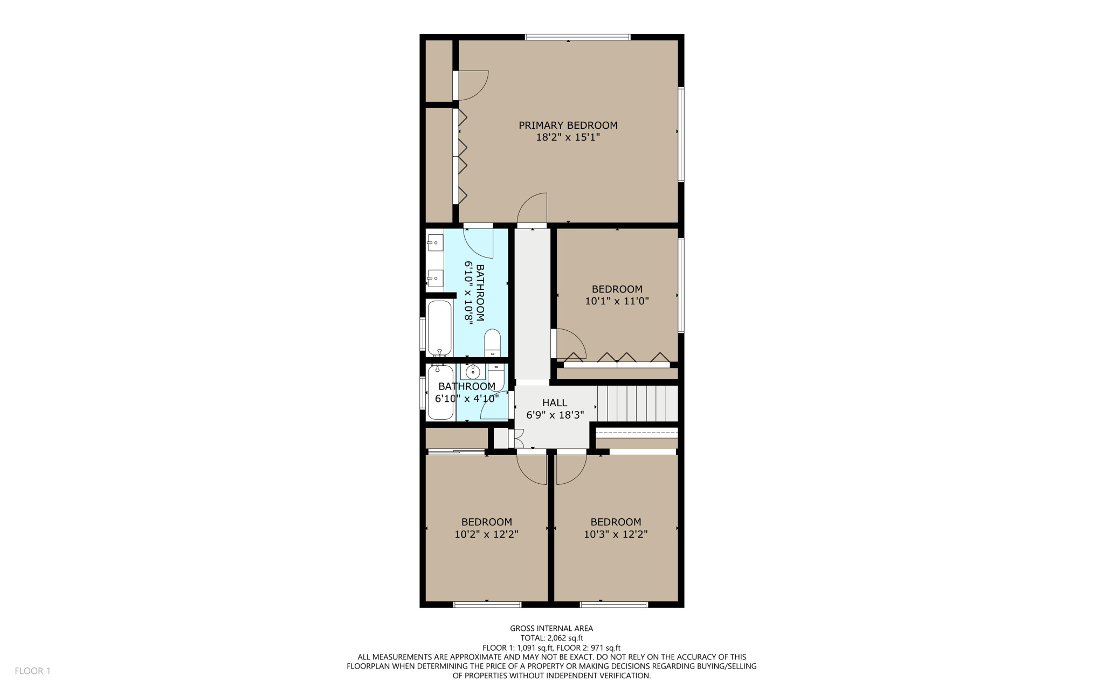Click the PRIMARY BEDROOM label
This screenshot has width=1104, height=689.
[x=568, y=125]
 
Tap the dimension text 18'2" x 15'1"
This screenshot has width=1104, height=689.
[x=568, y=137]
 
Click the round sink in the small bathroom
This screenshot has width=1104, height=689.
[x=473, y=372]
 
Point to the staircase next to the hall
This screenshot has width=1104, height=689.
[x=637, y=403]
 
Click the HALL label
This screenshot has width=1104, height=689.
[x=555, y=402]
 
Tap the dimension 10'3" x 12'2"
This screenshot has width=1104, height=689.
[x=616, y=534]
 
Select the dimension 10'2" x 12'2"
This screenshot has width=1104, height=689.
[x=486, y=534]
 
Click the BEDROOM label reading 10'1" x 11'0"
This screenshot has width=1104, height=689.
[x=617, y=289]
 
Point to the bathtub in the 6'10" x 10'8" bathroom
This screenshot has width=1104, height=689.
[x=439, y=328]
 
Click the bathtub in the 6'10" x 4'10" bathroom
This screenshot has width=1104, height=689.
[x=440, y=392]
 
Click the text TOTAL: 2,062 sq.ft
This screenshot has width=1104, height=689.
[x=551, y=638]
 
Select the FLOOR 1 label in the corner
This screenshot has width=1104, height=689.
[x=32, y=671]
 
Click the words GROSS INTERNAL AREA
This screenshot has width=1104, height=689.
[x=551, y=628]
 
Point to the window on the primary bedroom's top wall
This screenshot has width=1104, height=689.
[x=577, y=37]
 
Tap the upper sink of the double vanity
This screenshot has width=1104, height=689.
[x=435, y=243]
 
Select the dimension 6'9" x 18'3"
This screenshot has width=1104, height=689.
[x=555, y=415]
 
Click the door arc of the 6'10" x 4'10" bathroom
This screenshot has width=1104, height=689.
[x=493, y=407]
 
